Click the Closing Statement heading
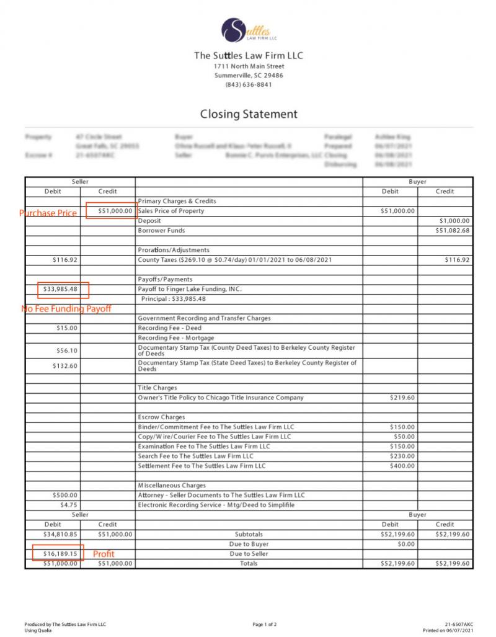tap(249, 114)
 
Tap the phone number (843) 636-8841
tap(248, 85)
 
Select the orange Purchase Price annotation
tap(48, 213)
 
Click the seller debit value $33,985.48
tap(60, 289)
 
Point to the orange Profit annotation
tap(104, 553)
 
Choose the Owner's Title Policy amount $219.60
tap(402, 398)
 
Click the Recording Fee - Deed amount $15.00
tap(66, 328)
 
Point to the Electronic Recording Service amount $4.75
tap(69, 505)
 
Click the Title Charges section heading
tap(157, 388)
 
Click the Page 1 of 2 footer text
tap(265, 624)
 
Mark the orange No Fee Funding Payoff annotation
tap(66, 308)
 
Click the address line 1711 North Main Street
tap(249, 66)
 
